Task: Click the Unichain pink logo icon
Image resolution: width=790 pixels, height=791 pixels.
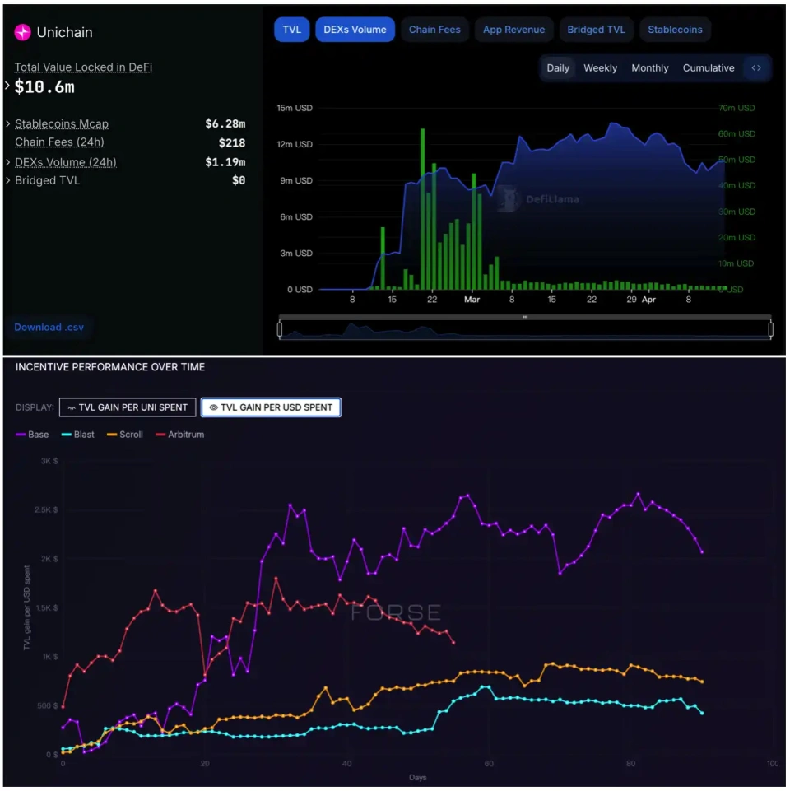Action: [x=23, y=32]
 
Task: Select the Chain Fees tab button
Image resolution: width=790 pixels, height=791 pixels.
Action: [x=434, y=30]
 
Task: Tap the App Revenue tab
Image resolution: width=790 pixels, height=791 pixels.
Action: [x=513, y=30]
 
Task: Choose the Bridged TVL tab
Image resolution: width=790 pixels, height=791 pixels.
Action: [x=596, y=30]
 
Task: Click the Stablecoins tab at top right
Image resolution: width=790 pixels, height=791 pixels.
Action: [x=675, y=30]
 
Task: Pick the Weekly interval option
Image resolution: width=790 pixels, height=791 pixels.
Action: [x=600, y=68]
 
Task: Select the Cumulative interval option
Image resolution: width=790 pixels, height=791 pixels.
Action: [x=709, y=68]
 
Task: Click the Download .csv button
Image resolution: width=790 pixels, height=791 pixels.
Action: [x=49, y=327]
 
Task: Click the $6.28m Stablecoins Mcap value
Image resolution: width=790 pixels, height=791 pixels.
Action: [x=225, y=124]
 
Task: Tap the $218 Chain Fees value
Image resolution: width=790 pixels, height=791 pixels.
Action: [x=231, y=143]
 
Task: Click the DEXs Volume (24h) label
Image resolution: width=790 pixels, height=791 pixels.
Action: [x=65, y=162]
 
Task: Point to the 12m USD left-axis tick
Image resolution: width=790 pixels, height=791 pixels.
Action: [x=294, y=144]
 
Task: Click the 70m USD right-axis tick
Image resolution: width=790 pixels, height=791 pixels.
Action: [x=736, y=108]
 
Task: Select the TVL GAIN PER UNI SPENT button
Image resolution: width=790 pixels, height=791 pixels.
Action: [x=128, y=407]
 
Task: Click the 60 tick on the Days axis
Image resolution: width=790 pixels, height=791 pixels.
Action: [x=489, y=764]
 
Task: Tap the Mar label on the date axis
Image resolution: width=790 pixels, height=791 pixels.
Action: [x=472, y=300]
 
